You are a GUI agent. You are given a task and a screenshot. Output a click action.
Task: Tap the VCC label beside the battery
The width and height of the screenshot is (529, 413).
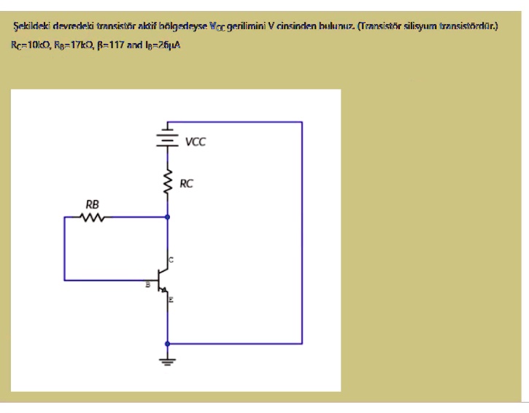[x=195, y=142]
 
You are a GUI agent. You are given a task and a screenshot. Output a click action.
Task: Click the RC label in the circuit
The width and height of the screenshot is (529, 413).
[x=186, y=184]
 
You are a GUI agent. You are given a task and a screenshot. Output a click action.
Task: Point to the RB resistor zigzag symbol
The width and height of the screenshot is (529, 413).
[x=93, y=217]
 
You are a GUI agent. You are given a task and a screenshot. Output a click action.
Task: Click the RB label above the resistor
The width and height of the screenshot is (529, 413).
[x=92, y=204]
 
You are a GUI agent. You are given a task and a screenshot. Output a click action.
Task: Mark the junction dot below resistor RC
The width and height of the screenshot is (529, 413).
[x=168, y=217]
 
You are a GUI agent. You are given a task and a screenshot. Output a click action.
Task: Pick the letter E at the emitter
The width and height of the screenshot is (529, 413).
[x=171, y=300]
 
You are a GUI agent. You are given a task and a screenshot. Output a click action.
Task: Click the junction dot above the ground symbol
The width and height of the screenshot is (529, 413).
[x=168, y=343]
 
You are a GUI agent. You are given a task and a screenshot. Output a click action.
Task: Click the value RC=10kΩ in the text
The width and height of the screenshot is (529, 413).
[x=29, y=45]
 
